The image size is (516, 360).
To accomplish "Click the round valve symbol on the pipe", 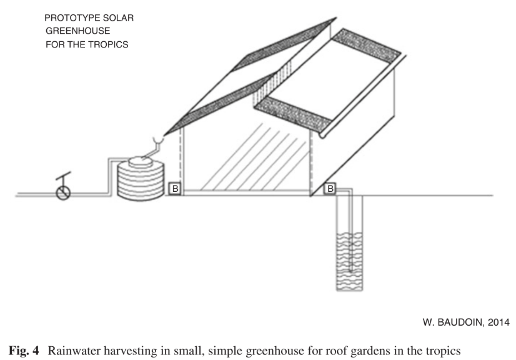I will [x=63, y=192].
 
